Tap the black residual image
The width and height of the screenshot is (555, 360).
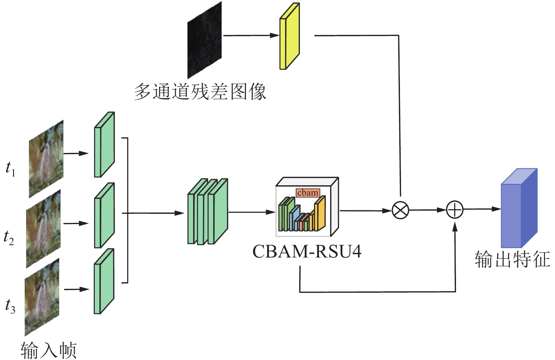tap(204, 40)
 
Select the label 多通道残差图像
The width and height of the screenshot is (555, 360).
tap(200, 92)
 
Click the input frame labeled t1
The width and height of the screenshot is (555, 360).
tap(46, 159)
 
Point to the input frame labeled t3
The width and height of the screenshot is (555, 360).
tap(42, 297)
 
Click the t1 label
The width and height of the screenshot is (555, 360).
tap(10, 169)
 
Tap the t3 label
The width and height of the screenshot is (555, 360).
tap(10, 306)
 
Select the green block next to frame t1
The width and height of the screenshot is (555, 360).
tap(104, 145)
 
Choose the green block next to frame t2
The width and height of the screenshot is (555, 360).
tap(104, 216)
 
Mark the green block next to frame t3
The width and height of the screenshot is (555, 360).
tap(104, 281)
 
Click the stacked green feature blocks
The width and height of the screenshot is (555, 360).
tap(208, 212)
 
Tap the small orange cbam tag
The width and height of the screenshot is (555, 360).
tap(308, 193)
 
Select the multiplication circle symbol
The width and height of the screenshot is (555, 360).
tap(400, 210)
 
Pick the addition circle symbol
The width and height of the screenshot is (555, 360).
tap(455, 210)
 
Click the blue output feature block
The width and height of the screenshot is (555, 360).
tap(519, 209)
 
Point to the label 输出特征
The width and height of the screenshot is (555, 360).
tap(512, 260)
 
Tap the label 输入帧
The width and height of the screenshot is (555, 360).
tap(49, 350)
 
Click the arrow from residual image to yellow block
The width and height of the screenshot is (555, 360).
tap(251, 35)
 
